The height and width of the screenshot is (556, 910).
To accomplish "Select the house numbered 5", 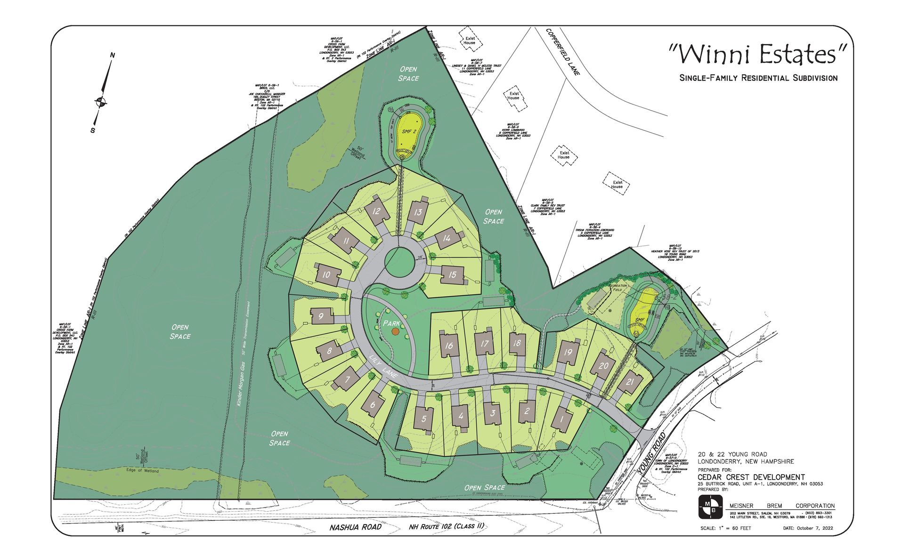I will pos(423,419).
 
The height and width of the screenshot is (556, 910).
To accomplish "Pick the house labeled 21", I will pos(630,382).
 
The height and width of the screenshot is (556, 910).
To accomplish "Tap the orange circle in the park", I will pos(395,331).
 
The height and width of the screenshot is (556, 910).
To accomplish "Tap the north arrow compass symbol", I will pos(100,100).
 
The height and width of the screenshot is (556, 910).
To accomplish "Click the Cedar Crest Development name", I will pos(751,477).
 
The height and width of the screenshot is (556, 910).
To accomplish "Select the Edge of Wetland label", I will pos(142,470).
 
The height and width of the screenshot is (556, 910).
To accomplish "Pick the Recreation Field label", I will pos(617,288).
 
